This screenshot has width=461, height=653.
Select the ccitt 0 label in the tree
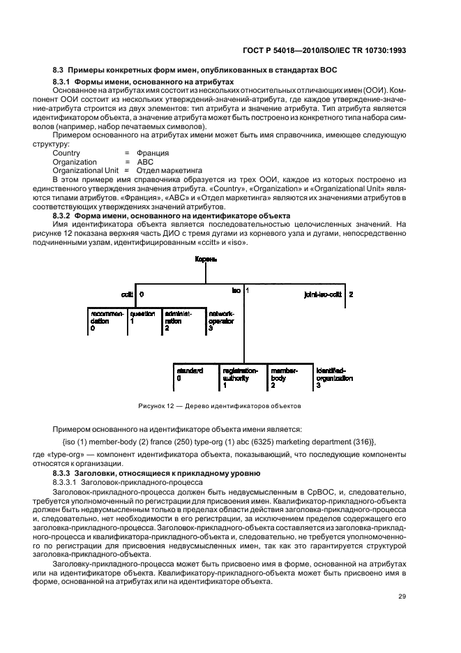click(132, 294)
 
